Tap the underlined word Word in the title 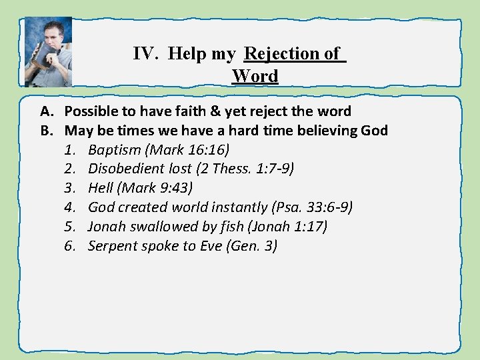255,76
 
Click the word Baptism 115,149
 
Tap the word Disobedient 127,169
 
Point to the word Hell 100,188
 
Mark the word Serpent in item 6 112,246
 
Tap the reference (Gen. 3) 252,246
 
